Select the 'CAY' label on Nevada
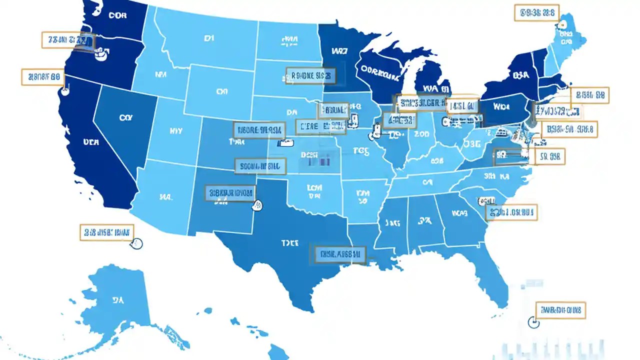point(125,117)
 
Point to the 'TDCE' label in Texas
point(289,243)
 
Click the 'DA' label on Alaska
point(118,300)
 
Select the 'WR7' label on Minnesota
point(339,50)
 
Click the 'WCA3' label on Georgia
point(459,212)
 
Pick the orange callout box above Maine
point(536,13)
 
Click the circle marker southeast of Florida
point(533,322)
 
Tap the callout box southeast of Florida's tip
point(560,310)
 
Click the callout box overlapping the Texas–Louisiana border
point(339,254)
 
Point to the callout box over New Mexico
point(230,193)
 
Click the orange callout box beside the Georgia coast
point(511,212)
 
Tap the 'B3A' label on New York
point(520,75)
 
